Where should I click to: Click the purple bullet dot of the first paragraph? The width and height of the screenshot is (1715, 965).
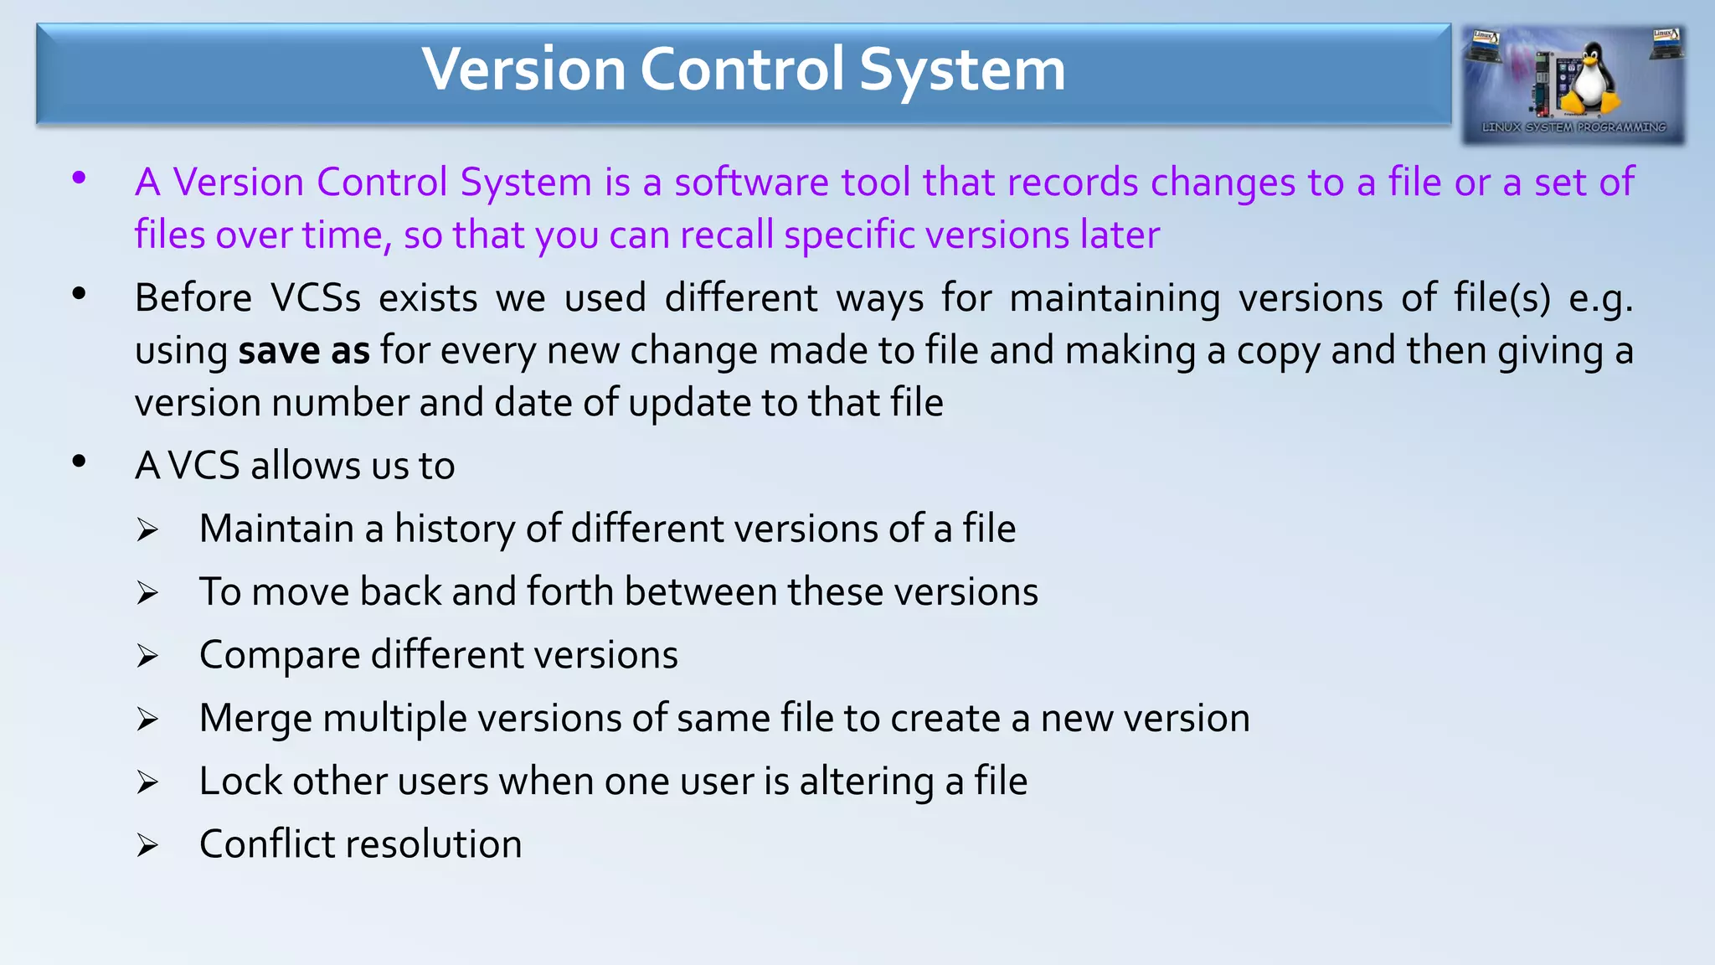tap(80, 178)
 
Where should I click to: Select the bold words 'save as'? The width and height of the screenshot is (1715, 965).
tap(303, 351)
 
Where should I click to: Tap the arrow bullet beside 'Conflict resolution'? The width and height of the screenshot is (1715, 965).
tap(147, 845)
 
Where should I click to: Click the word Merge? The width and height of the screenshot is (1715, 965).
tap(255, 719)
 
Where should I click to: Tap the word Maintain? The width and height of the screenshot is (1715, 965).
tap(276, 529)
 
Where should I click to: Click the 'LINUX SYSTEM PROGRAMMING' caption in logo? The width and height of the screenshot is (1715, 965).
tap(1573, 127)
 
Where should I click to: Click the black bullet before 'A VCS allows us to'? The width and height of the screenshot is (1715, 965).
tap(80, 462)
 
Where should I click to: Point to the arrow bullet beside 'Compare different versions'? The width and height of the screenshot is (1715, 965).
tap(147, 656)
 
